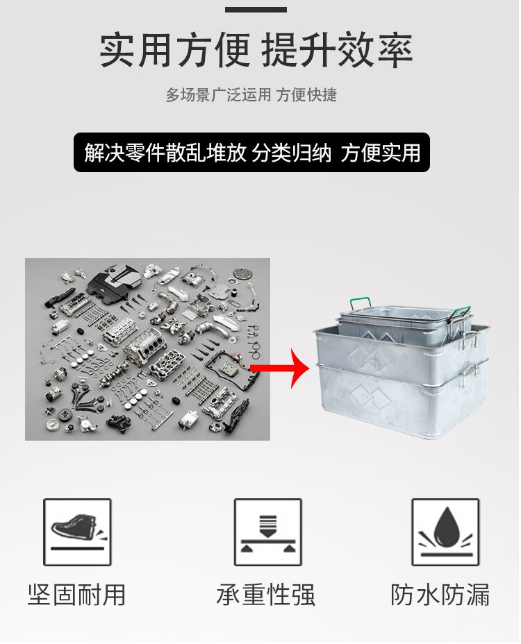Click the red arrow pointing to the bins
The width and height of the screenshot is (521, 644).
pyautogui.click(x=280, y=368)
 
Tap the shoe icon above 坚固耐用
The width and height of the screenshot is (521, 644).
pyautogui.click(x=77, y=532)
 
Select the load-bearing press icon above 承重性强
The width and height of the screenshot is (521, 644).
pyautogui.click(x=267, y=532)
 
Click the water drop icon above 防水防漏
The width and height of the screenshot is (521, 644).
pyautogui.click(x=445, y=532)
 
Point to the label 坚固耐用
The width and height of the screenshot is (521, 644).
pyautogui.click(x=77, y=594)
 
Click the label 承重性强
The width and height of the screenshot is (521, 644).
pyautogui.click(x=265, y=594)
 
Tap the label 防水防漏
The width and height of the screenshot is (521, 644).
pyautogui.click(x=440, y=594)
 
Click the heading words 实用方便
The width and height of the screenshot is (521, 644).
pyautogui.click(x=175, y=50)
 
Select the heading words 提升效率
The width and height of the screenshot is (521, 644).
pyautogui.click(x=337, y=50)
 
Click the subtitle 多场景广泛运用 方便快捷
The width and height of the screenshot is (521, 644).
pyautogui.click(x=251, y=95)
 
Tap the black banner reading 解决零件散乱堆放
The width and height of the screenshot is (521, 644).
pyautogui.click(x=251, y=152)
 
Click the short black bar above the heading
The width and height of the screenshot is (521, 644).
pyautogui.click(x=256, y=9)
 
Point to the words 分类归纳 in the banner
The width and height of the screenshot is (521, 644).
pyautogui.click(x=292, y=153)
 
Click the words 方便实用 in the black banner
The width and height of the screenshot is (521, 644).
pyautogui.click(x=381, y=153)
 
